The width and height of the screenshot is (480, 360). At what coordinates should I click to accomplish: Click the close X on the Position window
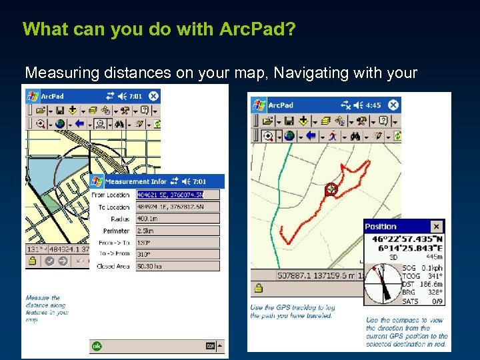coord(436,227)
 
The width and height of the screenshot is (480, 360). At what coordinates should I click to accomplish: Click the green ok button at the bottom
coord(97,346)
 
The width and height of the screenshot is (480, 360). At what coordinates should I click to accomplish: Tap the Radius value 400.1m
coord(177,218)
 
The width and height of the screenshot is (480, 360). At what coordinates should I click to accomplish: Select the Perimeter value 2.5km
coord(177,230)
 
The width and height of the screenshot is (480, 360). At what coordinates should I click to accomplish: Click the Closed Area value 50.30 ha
coord(177,265)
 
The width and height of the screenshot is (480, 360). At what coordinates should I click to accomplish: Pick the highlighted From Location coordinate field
coord(177,195)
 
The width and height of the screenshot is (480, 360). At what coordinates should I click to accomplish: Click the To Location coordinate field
coord(177,207)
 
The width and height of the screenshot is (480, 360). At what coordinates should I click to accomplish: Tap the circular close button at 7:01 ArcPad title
coord(153,96)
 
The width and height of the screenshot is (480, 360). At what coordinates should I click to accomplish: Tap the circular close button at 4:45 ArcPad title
coord(394,105)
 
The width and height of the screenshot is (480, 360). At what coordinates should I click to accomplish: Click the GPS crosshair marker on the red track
coord(330,190)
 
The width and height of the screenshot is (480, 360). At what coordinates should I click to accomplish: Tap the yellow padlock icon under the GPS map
coord(257,289)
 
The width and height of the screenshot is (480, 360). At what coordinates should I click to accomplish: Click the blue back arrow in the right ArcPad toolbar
coord(309,136)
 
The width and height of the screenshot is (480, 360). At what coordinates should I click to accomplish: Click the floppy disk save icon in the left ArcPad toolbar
coord(59,110)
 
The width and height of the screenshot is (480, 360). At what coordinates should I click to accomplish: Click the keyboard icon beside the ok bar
coord(210,346)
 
